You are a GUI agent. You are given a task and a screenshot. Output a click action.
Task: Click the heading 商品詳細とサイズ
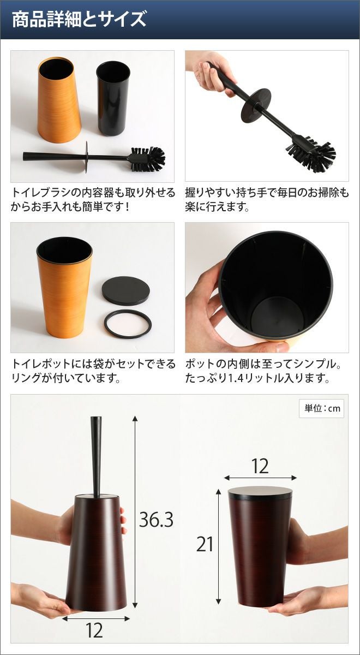[x=79, y=20]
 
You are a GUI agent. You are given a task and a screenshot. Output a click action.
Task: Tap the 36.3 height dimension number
[x=156, y=520]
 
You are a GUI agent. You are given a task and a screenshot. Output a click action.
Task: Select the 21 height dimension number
[x=205, y=544]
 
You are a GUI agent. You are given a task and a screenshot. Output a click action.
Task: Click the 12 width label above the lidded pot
[x=260, y=466]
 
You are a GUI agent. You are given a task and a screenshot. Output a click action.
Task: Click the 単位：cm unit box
[x=321, y=408]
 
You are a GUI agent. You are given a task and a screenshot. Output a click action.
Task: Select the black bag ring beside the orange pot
[x=128, y=324]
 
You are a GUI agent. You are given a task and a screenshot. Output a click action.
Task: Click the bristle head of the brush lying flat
[x=148, y=159]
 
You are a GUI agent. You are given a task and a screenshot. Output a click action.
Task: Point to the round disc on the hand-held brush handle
[x=256, y=103]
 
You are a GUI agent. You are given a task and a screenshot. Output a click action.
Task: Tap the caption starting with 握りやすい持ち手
[x=267, y=200]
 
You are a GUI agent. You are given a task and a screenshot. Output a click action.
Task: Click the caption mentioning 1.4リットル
[x=263, y=371]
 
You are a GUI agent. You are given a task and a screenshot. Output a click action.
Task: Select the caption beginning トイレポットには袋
[x=93, y=371]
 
